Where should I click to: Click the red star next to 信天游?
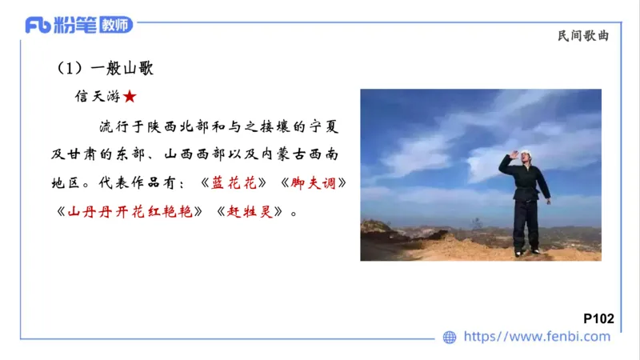(130, 97)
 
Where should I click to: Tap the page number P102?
(598, 318)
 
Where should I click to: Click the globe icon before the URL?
(450, 337)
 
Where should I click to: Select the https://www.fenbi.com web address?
(537, 337)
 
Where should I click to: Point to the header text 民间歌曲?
(588, 36)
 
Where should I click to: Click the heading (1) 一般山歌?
(104, 69)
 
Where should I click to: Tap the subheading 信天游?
(97, 97)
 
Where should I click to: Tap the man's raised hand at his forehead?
(514, 154)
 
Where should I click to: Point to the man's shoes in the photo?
(527, 252)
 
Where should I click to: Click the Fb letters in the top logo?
(38, 25)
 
